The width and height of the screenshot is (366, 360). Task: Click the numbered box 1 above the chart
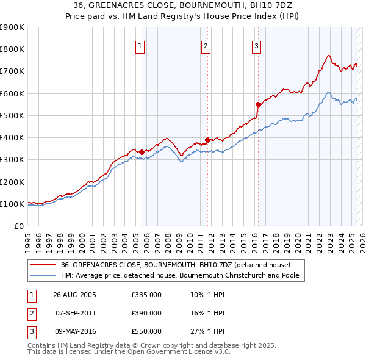point(140,46)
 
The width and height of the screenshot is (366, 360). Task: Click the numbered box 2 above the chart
point(206,46)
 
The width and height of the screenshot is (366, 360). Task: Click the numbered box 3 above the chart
point(256,46)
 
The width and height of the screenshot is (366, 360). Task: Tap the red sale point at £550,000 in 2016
point(258,104)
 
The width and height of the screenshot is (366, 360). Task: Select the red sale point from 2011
point(207,140)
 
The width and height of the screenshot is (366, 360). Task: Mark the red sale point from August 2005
point(142,152)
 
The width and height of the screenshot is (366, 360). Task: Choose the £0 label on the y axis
point(18,226)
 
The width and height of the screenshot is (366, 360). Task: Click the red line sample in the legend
point(43,265)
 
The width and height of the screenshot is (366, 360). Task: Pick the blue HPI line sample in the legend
point(43,275)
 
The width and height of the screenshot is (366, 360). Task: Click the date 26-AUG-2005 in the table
point(75,295)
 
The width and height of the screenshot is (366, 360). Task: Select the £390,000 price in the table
point(146,313)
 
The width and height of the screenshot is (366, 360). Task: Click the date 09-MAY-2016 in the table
point(75,331)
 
